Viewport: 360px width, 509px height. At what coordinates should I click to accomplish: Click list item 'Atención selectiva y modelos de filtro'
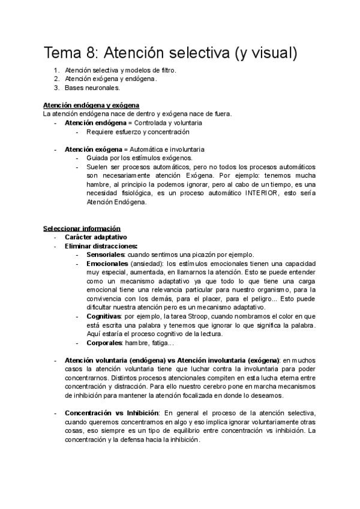[121, 70]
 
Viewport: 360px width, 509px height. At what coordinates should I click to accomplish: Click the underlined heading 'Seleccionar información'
[82, 229]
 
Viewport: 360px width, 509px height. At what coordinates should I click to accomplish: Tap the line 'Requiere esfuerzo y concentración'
[137, 131]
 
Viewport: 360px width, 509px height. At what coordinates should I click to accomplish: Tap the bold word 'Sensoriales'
[106, 254]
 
